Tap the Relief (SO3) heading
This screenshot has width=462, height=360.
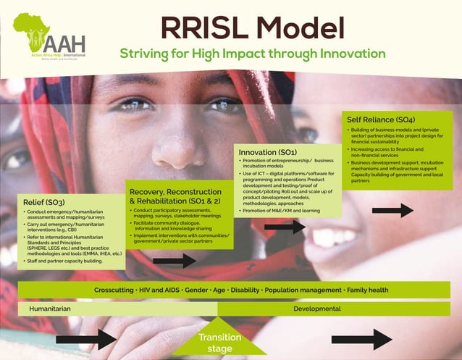tap(44, 201)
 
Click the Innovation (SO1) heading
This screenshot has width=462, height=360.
tap(268, 153)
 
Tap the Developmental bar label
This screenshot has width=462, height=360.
tap(316, 309)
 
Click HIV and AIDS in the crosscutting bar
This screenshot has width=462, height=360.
tap(159, 290)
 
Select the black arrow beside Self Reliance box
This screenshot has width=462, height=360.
tap(392, 211)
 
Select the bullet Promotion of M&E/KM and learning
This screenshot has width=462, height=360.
tap(281, 211)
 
